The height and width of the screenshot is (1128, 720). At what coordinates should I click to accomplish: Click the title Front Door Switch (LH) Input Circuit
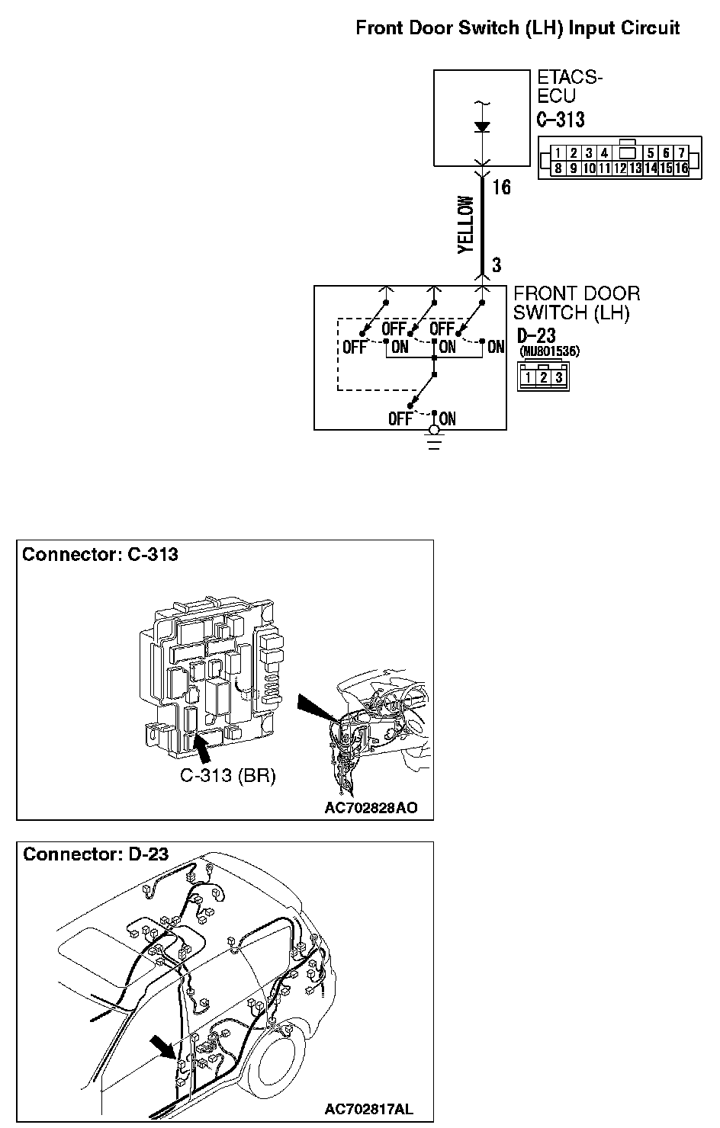click(517, 29)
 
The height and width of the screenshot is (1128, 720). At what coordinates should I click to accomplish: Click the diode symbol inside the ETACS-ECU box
click(482, 127)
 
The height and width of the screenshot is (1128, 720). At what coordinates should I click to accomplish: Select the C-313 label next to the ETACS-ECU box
click(561, 120)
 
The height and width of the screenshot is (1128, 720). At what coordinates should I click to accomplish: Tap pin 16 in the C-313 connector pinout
click(681, 168)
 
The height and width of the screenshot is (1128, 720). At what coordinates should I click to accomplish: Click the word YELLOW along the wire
click(466, 225)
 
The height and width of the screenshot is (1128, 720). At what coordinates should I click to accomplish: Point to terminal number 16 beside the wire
click(501, 187)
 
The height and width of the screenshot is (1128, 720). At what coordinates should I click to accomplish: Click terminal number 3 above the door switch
click(497, 265)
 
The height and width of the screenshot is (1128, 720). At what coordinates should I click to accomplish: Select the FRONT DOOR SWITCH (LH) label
click(577, 303)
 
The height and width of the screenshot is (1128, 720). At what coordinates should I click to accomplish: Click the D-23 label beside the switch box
click(536, 336)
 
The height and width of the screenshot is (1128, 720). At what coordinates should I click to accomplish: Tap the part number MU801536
click(549, 352)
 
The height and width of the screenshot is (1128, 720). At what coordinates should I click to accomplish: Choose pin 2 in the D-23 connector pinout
click(543, 377)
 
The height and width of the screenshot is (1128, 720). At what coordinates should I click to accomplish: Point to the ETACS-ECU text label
click(569, 87)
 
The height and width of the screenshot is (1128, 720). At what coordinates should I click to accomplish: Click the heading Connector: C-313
click(100, 554)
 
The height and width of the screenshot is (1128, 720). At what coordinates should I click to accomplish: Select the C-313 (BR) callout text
click(227, 777)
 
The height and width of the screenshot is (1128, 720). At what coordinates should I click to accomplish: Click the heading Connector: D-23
click(95, 854)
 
